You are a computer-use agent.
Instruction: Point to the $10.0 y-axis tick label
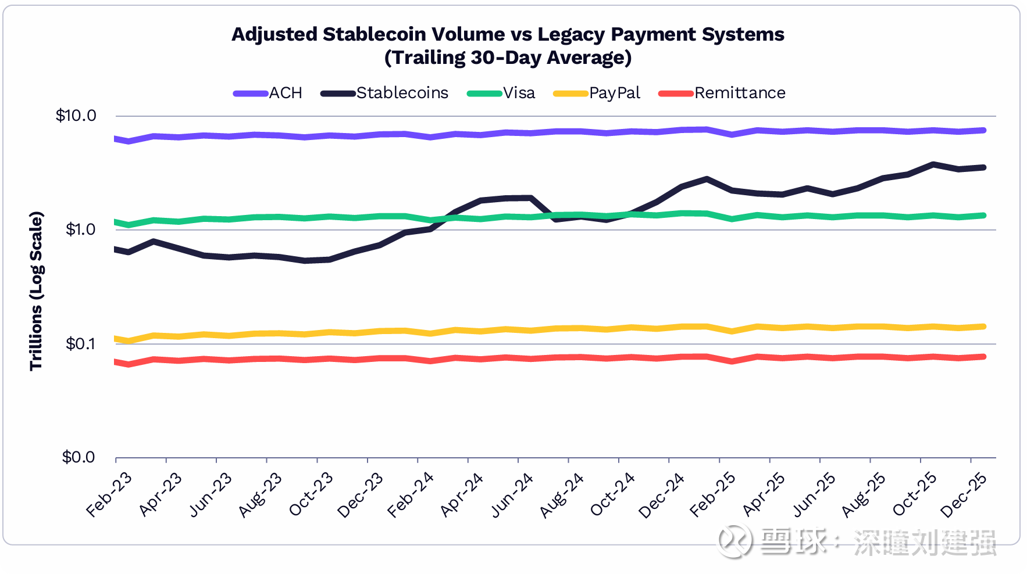(x=76, y=116)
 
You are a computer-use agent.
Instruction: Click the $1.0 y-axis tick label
(x=80, y=229)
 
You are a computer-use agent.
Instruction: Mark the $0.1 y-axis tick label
(x=80, y=344)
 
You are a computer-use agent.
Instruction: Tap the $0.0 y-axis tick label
(x=79, y=457)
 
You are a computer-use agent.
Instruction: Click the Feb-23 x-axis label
(x=109, y=494)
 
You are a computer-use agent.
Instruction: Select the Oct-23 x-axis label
(x=311, y=494)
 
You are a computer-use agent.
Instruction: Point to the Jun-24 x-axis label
(x=512, y=494)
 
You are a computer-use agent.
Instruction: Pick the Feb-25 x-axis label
(x=713, y=494)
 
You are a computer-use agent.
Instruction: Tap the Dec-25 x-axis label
(x=964, y=494)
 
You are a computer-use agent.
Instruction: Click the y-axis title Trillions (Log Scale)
(x=37, y=290)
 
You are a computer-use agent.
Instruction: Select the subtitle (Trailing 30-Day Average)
(x=508, y=58)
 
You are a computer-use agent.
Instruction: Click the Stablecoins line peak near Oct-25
(x=933, y=165)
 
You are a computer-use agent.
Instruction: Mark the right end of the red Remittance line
(x=983, y=357)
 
